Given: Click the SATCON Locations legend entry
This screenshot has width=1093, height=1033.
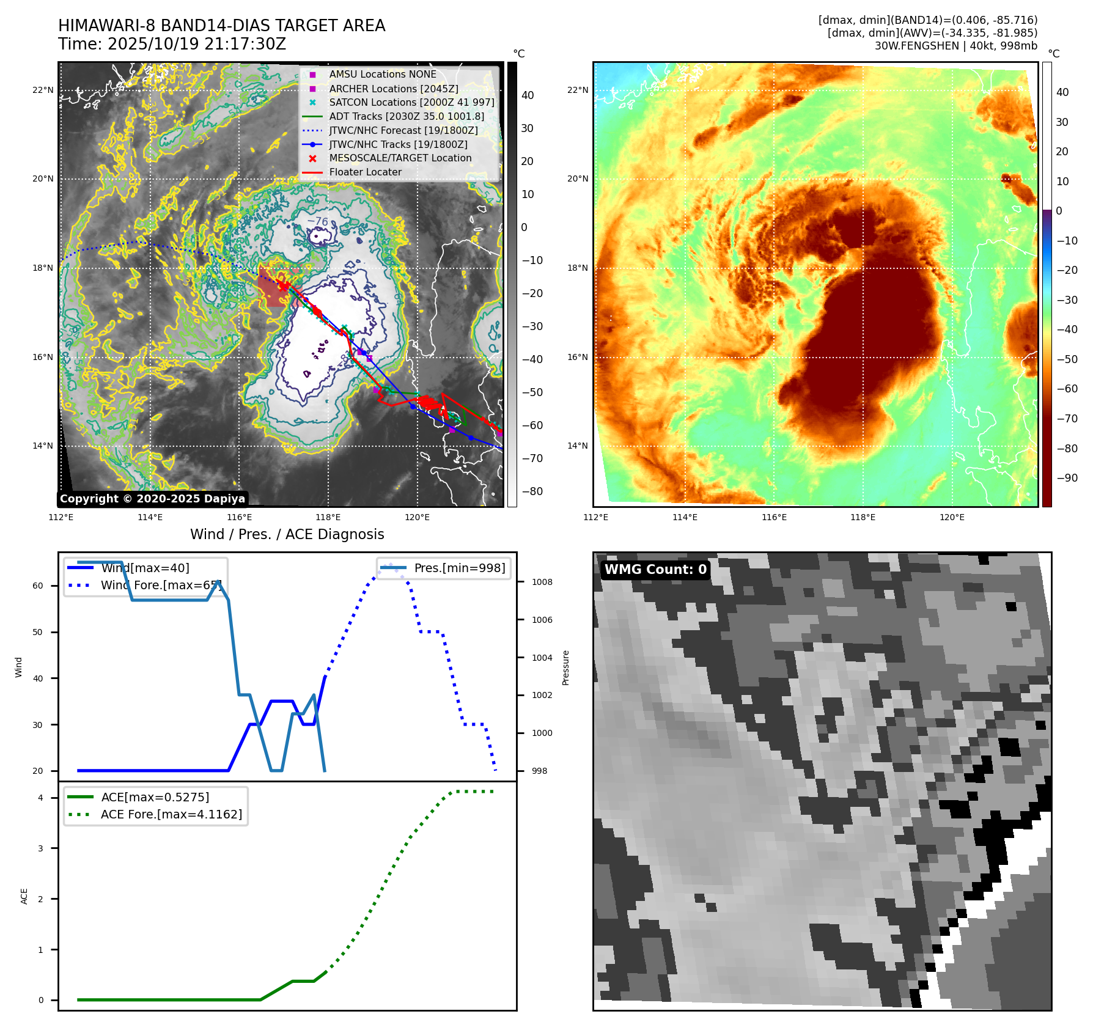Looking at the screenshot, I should pos(411,103).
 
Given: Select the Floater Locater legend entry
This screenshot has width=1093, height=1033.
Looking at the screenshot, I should pos(365,172).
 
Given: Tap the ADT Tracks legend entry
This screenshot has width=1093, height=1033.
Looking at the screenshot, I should pos(407,117).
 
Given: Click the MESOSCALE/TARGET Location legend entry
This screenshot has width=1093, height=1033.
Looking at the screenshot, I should pos(400,158).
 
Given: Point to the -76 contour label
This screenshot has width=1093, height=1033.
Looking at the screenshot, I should pos(318,222).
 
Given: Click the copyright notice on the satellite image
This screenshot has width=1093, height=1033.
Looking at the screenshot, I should pos(152,499).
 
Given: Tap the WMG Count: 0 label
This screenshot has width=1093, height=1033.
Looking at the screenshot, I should pos(655,570).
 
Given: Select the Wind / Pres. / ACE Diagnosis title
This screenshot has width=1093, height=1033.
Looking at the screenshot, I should pos(287,535).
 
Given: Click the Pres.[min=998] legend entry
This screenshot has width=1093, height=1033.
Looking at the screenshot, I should pos(459,568).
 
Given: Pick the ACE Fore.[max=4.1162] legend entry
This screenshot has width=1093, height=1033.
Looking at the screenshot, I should pos(171,815).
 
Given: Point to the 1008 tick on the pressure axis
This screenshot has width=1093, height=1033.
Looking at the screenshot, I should pos(542,583).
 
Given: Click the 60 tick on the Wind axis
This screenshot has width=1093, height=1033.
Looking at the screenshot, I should pos(38,586).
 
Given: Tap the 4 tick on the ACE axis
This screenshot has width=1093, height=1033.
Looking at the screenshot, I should pos(40,798).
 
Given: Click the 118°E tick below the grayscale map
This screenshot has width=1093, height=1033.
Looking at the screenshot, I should pos(328,518).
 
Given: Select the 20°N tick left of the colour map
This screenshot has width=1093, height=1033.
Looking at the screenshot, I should pos(577,179).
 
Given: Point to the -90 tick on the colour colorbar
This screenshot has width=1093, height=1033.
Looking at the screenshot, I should pos(1067,478).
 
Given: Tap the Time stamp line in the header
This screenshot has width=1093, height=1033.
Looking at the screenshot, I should pos(172,45).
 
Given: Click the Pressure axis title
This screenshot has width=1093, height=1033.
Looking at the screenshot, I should pos(566,668).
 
